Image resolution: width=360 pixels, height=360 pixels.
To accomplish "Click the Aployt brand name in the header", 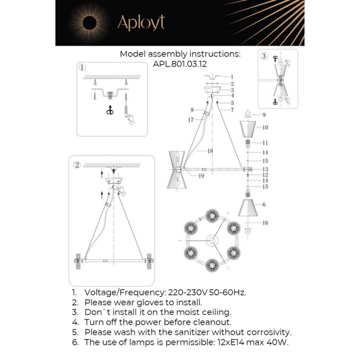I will pos(141,22).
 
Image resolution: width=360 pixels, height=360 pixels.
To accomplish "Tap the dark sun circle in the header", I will pos(90,23).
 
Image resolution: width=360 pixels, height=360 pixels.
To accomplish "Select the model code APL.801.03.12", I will pos(180,64).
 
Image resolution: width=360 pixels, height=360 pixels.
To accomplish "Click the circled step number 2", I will pos(77,165).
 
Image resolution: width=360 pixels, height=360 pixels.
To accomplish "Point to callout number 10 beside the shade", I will pos(265,127).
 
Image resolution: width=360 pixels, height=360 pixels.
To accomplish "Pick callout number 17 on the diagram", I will pos(191,120).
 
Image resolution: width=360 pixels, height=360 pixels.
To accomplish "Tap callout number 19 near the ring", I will pos(201,176).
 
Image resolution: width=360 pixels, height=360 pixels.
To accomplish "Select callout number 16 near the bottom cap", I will pos(265,223).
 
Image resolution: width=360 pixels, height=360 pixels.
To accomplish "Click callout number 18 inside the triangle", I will pos(210,151).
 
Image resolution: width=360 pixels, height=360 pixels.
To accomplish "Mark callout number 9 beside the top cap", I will pos(264,115).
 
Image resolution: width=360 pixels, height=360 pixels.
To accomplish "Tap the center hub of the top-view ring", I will pos(212,240).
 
